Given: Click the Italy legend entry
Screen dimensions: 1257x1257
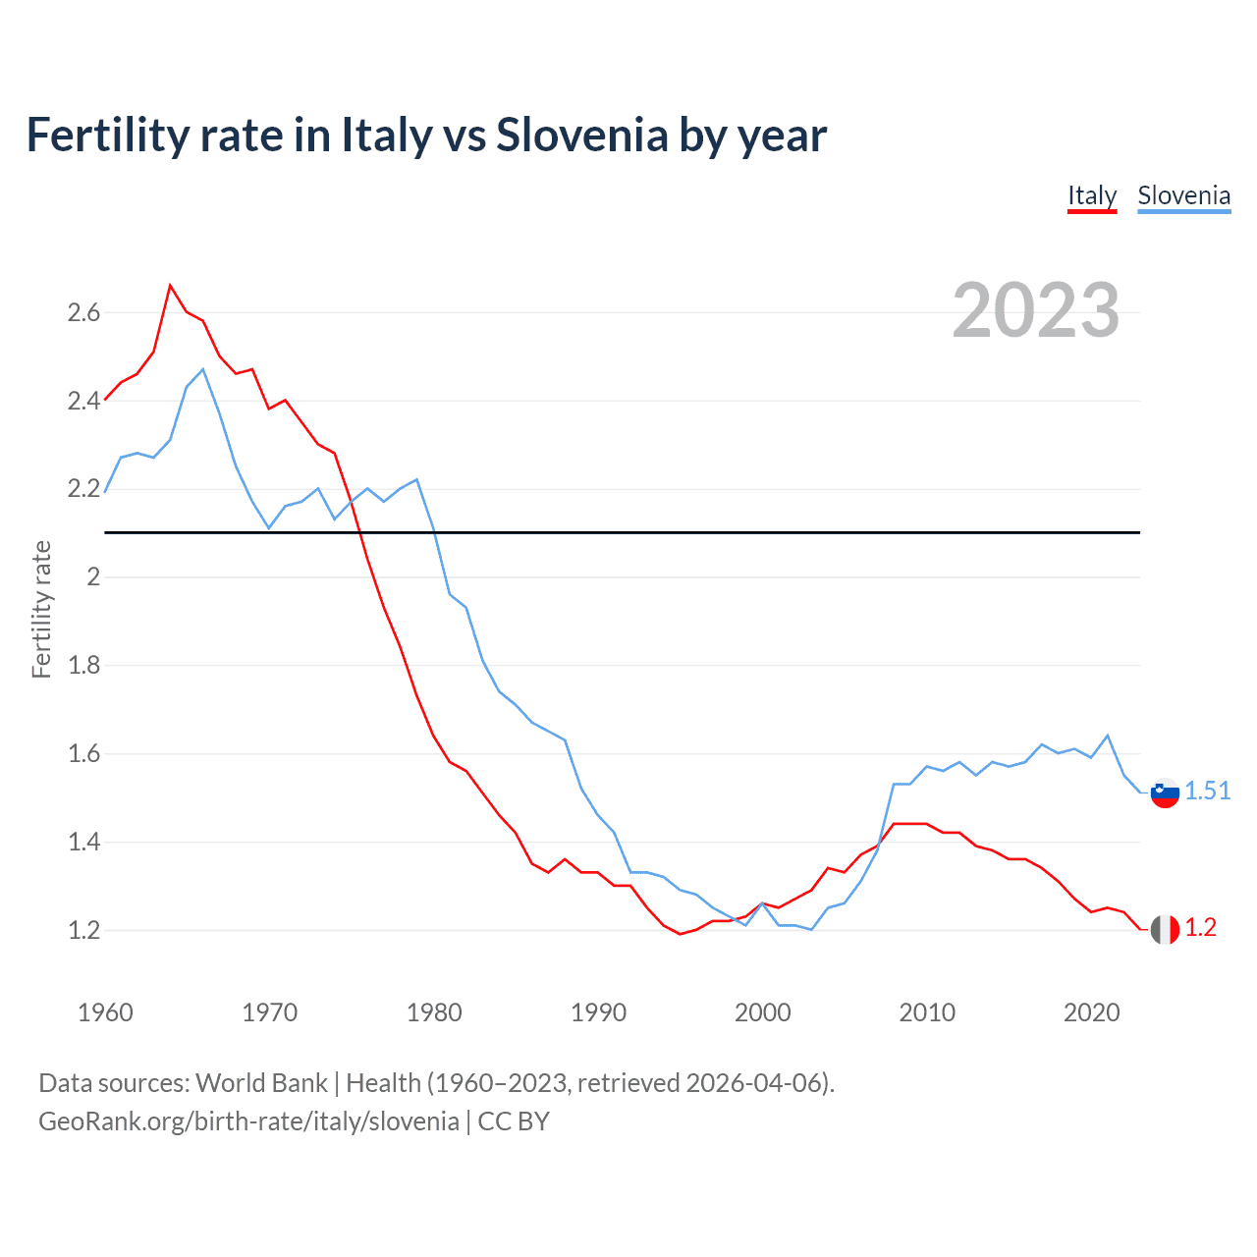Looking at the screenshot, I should tap(1092, 196).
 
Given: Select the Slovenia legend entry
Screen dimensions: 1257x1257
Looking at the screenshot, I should tap(1183, 196).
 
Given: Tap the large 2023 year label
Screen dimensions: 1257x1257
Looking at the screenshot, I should tap(1036, 310).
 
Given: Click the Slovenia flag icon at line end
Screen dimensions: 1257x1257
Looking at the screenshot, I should tap(1165, 792).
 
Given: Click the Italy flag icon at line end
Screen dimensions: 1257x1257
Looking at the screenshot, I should tap(1165, 929).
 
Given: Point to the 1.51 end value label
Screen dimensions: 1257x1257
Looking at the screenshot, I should tap(1207, 791).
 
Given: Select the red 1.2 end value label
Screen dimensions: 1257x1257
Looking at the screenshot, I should tap(1200, 928).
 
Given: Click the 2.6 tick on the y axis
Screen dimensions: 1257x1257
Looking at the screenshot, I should tap(83, 313).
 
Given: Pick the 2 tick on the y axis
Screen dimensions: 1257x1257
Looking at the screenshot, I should tap(93, 577).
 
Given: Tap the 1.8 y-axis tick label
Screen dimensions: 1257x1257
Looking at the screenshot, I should tap(83, 666).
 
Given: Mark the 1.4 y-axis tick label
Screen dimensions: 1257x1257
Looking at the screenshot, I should tap(83, 843).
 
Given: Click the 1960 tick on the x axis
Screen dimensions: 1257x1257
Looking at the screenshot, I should tap(105, 1012).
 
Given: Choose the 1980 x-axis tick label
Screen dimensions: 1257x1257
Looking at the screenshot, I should tap(434, 1012).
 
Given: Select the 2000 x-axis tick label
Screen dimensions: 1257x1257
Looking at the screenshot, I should tap(762, 1012).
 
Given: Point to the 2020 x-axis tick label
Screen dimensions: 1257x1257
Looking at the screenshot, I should tap(1091, 1012).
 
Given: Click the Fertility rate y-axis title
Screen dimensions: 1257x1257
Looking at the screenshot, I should tap(41, 609).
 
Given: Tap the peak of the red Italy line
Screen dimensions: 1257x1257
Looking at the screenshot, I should tap(171, 286).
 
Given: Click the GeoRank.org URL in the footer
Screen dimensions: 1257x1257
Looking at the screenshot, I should tap(248, 1121).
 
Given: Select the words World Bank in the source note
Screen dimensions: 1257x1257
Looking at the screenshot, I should tap(261, 1083).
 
